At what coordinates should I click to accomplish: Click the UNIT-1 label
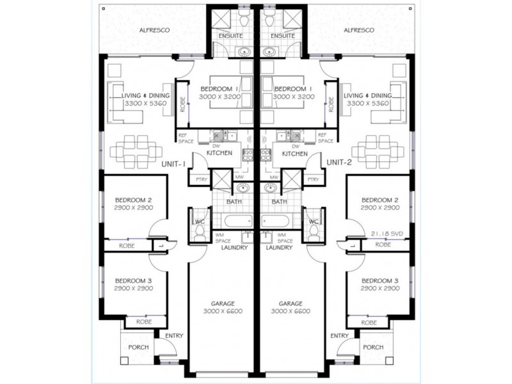(x=173, y=164)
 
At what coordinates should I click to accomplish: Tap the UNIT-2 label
(x=339, y=163)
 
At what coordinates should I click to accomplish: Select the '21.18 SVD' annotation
(x=387, y=234)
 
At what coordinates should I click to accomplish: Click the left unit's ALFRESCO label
(x=154, y=30)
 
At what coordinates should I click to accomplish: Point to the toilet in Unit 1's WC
(x=198, y=232)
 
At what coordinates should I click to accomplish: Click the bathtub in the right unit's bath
(x=275, y=221)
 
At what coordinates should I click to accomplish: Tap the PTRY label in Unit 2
(x=313, y=180)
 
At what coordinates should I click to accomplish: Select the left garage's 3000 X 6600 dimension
(x=223, y=311)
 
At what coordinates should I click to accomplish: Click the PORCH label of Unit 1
(x=138, y=347)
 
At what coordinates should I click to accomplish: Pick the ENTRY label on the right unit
(x=340, y=335)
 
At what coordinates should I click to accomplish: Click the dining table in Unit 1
(x=136, y=152)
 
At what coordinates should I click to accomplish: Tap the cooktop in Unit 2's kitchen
(x=266, y=155)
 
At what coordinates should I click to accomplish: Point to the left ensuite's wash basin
(x=243, y=51)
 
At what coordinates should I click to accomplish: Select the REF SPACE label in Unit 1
(x=186, y=138)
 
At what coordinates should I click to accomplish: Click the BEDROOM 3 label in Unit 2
(x=380, y=280)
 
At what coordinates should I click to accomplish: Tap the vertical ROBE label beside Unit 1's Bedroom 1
(x=182, y=104)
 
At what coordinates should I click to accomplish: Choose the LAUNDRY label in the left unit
(x=234, y=248)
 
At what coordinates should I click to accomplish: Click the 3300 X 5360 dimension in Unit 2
(x=367, y=104)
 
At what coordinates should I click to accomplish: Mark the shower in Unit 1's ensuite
(x=221, y=19)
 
